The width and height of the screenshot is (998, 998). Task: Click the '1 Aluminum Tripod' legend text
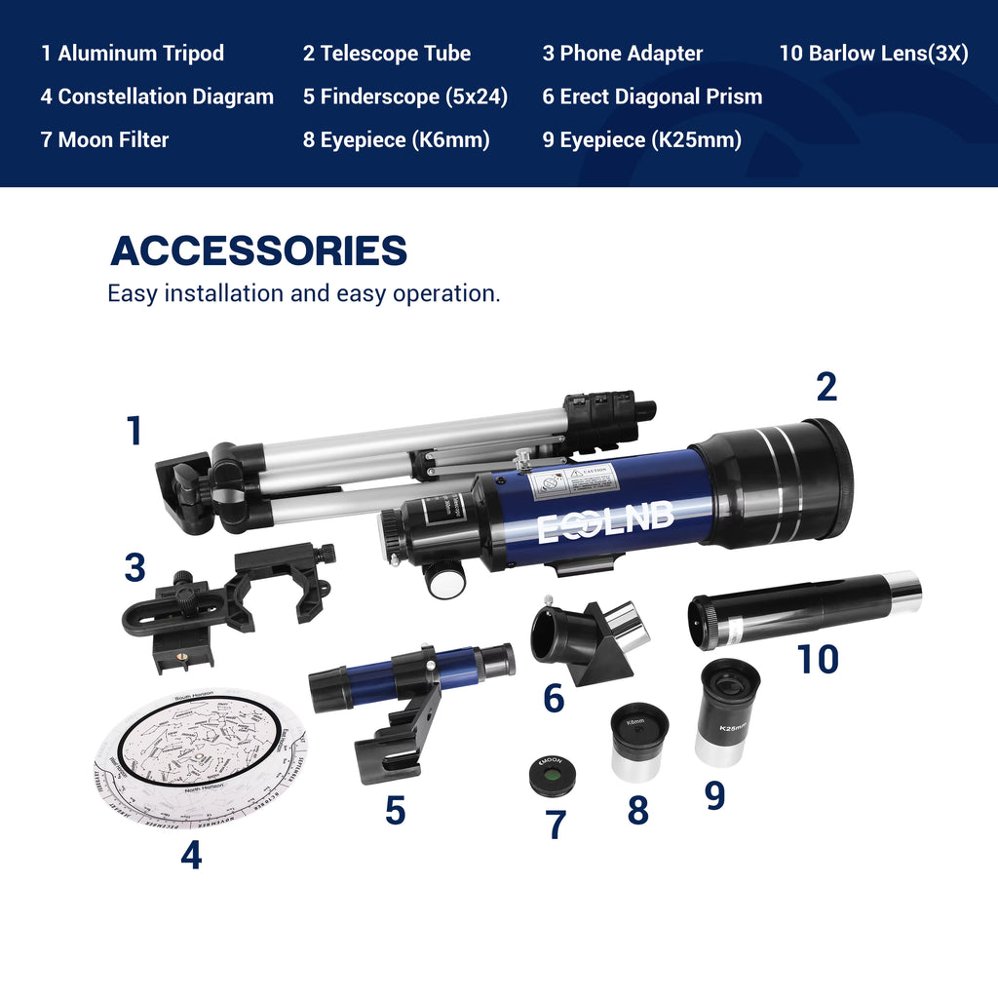(133, 54)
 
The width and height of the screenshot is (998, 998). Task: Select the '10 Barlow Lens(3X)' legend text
(873, 54)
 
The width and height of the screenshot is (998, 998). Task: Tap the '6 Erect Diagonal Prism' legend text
(652, 96)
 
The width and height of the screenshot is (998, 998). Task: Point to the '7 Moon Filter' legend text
(104, 139)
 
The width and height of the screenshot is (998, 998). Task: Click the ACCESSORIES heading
(258, 250)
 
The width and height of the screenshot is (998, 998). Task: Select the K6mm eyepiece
(639, 743)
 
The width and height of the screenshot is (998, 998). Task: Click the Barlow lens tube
(804, 609)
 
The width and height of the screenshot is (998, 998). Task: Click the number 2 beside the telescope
(825, 387)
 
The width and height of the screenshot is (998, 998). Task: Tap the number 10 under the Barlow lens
(818, 660)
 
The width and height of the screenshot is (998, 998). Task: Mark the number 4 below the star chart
(191, 856)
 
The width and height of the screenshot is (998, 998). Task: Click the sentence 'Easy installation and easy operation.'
(303, 293)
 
